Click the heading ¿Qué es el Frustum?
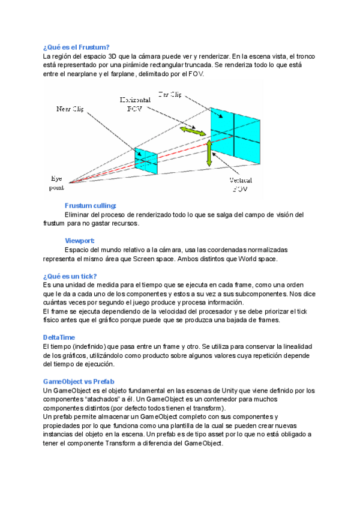coord(76,47)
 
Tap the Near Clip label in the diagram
coord(70,109)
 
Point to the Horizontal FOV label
coord(135,104)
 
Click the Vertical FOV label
coord(240,184)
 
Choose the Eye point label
coord(56,183)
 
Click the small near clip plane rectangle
coord(146,161)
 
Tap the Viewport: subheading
coord(80,241)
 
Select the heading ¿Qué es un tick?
coord(70,276)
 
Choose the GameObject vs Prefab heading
coord(79,381)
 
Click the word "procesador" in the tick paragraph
coord(234,311)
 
